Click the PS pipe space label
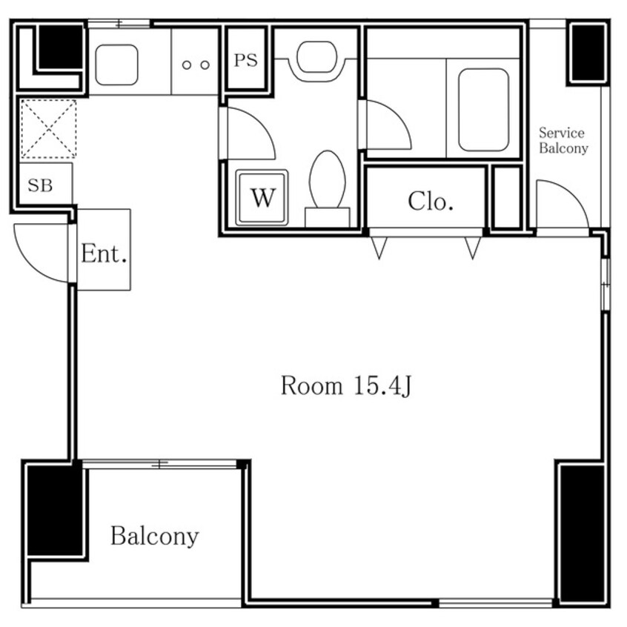click(x=245, y=60)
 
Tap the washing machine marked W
click(x=262, y=198)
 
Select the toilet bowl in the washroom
click(x=328, y=179)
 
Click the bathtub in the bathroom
click(x=483, y=110)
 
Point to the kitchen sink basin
click(x=117, y=64)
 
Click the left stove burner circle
click(x=186, y=64)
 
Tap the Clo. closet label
click(x=431, y=201)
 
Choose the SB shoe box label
click(x=40, y=185)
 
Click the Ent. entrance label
click(x=104, y=253)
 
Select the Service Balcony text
click(x=563, y=140)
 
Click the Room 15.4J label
click(x=346, y=386)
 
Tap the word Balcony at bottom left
click(x=154, y=537)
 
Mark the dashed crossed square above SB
click(x=48, y=129)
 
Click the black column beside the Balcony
click(x=54, y=511)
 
